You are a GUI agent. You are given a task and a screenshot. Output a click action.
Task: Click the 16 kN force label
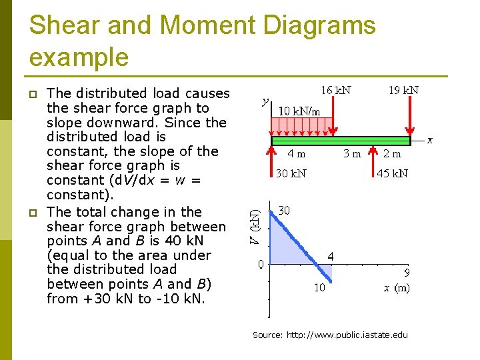point(336,90)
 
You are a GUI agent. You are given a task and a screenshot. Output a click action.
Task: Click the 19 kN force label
point(403,90)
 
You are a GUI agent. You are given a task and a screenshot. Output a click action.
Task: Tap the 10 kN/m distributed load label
point(299,111)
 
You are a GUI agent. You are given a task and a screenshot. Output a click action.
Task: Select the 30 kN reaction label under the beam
point(291,174)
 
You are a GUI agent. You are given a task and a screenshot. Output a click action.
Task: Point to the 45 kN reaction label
point(393,174)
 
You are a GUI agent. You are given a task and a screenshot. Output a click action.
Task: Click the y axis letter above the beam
point(265,102)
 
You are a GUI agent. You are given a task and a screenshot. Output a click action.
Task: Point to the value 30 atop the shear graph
point(284,210)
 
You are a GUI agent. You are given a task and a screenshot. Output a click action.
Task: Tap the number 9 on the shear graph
point(407,272)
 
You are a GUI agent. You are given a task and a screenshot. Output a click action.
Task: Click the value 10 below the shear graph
point(320,288)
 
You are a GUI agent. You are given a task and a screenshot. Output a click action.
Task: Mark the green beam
point(341,141)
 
